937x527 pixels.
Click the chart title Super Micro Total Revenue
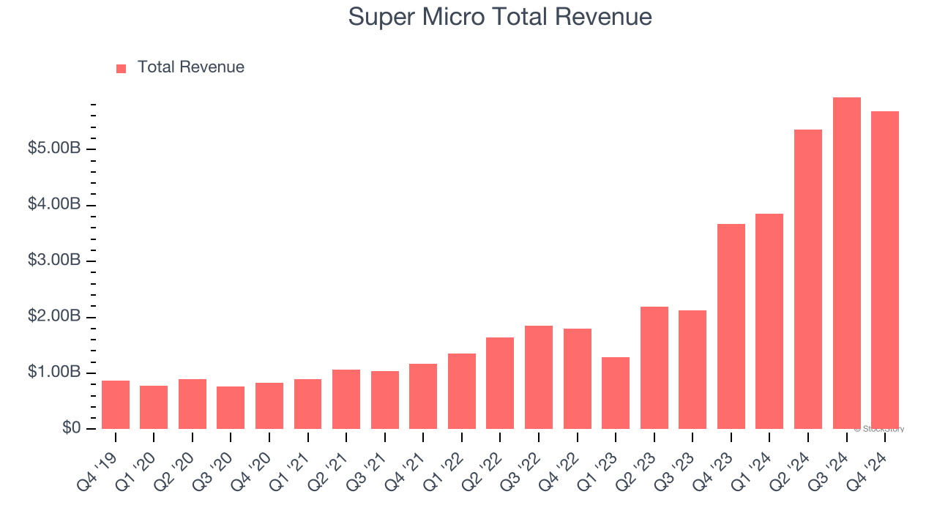[x=500, y=16]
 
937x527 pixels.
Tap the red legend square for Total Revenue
[x=122, y=68]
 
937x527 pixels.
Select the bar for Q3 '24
[x=846, y=263]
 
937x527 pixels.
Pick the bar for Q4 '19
[x=116, y=405]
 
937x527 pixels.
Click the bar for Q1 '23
[x=616, y=393]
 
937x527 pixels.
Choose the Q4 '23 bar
[x=731, y=326]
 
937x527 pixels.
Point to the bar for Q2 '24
[x=807, y=279]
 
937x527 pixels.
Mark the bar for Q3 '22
[x=539, y=377]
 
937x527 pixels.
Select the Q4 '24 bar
[x=884, y=270]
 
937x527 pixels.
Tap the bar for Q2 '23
[x=654, y=367]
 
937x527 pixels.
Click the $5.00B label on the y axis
[x=54, y=149]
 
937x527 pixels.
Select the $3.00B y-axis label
[x=54, y=261]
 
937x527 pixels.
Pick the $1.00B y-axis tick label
[x=54, y=373]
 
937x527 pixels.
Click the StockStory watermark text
[x=878, y=429]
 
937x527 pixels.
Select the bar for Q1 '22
[x=462, y=391]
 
